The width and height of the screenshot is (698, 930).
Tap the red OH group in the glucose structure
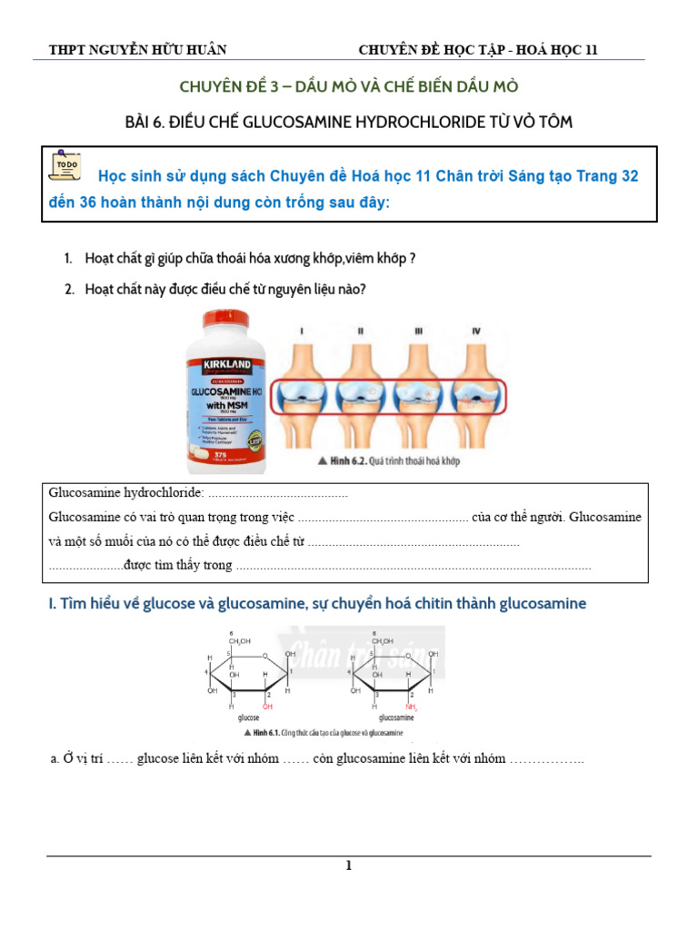(267, 704)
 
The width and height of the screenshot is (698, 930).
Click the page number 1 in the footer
(348, 866)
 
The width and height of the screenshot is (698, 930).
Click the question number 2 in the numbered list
(68, 289)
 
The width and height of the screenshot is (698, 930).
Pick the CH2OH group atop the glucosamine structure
(383, 641)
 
